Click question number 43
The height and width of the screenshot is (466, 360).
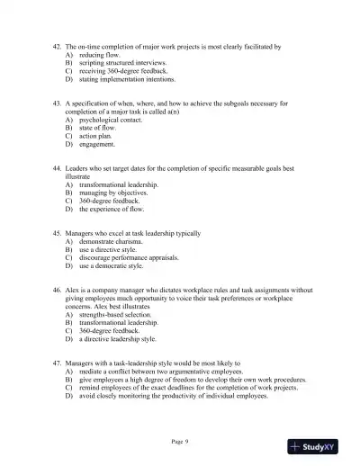pos(58,103)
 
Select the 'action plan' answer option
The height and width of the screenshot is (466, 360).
pos(97,136)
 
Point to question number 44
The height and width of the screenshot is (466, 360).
pos(58,168)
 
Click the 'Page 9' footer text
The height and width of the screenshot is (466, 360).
pos(180,440)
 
